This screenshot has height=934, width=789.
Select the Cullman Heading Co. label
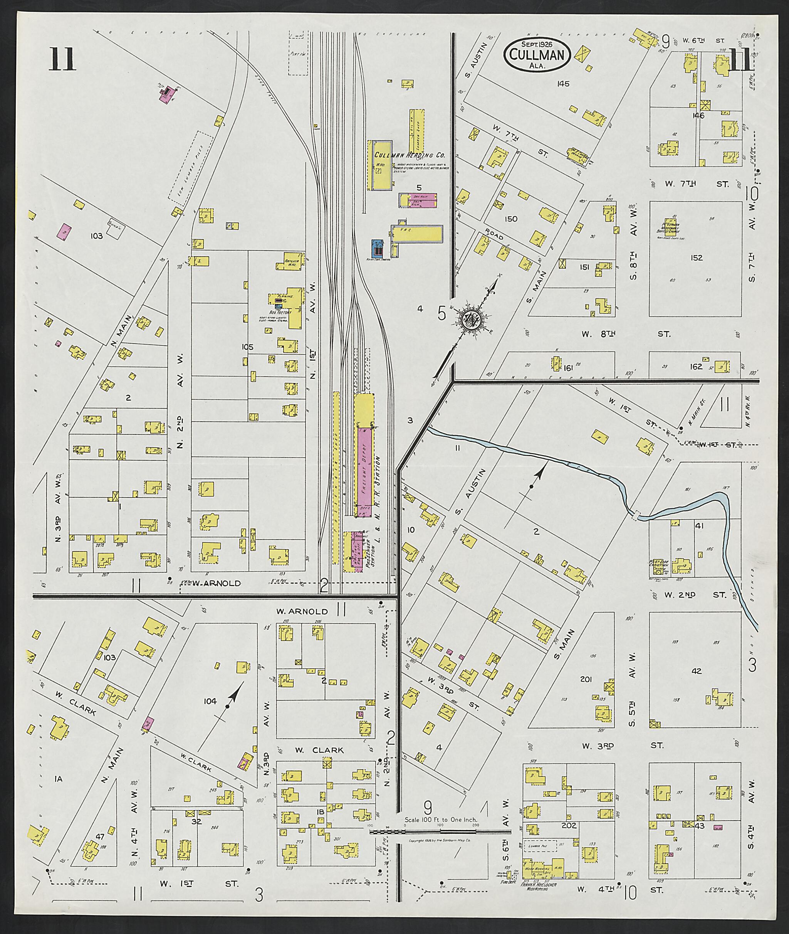(409, 155)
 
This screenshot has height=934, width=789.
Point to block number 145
(563, 83)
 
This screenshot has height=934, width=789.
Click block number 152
(697, 258)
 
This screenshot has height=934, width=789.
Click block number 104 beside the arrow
(210, 701)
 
